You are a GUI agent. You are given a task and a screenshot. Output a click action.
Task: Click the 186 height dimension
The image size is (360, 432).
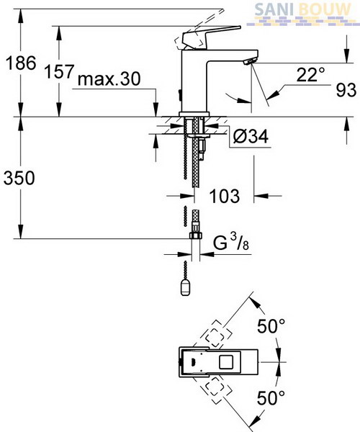(x=21, y=63)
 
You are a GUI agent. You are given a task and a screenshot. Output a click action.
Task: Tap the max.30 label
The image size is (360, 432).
(x=109, y=79)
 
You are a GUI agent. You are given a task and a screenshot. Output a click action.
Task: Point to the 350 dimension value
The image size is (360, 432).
(x=19, y=178)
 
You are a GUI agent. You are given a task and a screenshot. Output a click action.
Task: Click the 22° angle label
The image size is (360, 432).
(x=311, y=74)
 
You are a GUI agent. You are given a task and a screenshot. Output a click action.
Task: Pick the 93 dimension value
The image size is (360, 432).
(x=346, y=90)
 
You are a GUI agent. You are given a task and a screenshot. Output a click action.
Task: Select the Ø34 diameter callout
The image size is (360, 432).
(x=251, y=136)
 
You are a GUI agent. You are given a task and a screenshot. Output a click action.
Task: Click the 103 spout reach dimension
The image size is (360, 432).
(x=225, y=196)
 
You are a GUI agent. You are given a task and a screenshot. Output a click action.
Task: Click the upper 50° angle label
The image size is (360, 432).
(x=271, y=326)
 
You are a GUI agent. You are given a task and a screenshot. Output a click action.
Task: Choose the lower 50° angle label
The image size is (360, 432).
(x=271, y=397)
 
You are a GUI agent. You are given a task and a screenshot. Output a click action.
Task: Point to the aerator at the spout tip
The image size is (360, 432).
(x=251, y=60)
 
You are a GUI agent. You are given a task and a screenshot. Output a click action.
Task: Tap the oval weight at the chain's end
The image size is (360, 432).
(x=185, y=287)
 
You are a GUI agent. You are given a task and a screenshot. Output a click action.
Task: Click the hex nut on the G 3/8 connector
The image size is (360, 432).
(x=196, y=235)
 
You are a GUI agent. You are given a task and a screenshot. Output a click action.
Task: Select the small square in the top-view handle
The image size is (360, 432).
(x=226, y=361)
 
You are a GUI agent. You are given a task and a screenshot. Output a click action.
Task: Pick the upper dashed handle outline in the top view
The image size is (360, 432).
(x=216, y=334)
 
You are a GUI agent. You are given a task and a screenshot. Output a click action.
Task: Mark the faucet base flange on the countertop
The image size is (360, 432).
(x=194, y=114)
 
